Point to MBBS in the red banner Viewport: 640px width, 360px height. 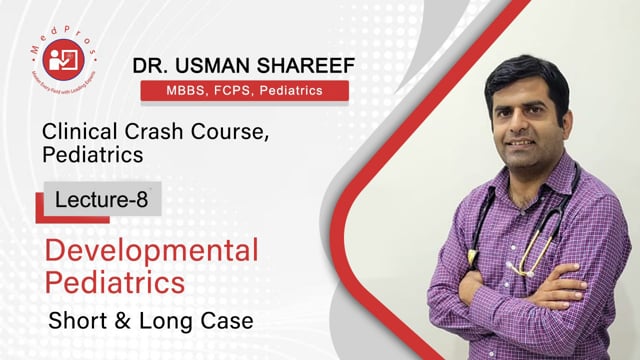click(171, 91)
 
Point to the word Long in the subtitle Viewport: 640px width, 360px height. click(184, 322)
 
